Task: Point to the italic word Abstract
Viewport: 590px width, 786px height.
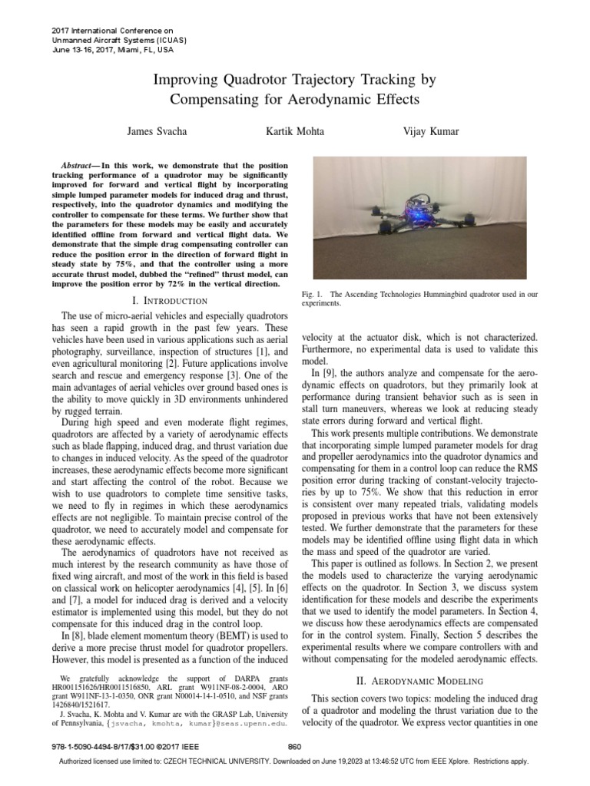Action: pyautogui.click(x=78, y=166)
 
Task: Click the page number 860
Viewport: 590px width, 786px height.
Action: pyautogui.click(x=293, y=748)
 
